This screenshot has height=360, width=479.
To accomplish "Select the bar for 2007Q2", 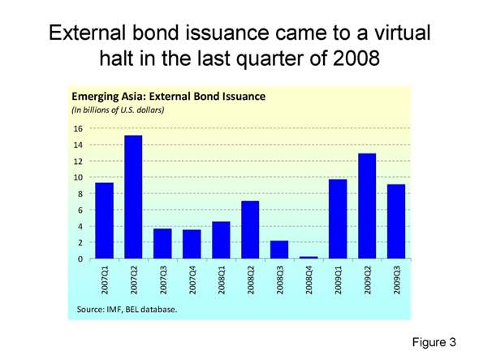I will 133,197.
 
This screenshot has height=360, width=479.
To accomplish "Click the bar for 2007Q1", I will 104,221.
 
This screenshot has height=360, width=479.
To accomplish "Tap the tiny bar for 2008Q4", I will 309,257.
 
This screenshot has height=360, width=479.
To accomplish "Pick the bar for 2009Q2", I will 366,206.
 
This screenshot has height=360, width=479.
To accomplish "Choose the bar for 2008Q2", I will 250,230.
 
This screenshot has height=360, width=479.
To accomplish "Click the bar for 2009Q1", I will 337,219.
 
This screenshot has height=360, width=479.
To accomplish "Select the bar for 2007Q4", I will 192,245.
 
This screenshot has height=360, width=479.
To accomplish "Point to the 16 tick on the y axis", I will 79,128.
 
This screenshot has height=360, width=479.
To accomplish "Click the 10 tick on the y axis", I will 79,177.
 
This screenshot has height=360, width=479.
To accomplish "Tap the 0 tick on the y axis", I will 81,258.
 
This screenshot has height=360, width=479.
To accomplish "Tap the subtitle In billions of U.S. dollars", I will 119,110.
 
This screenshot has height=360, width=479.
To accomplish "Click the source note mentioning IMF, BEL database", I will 127,309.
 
